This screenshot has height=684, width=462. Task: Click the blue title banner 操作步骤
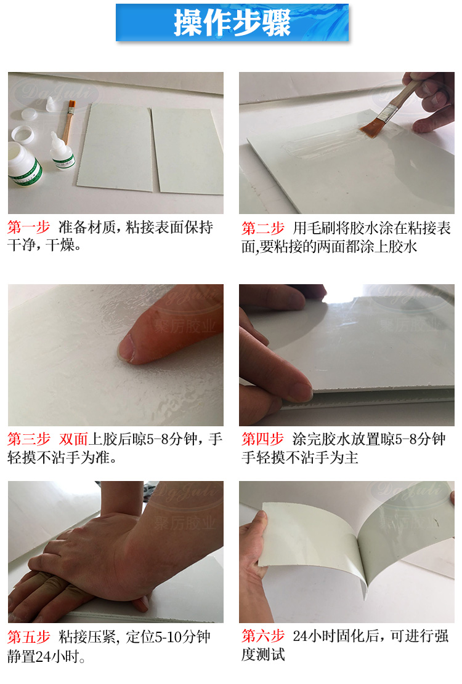click(x=232, y=23)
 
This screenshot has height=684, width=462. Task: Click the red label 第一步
click(x=28, y=228)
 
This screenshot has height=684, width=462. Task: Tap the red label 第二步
click(x=263, y=228)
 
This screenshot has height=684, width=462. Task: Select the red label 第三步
click(x=28, y=439)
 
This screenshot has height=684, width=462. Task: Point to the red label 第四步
click(x=263, y=439)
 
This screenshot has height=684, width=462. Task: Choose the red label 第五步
click(x=28, y=637)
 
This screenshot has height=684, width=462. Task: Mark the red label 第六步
click(x=263, y=636)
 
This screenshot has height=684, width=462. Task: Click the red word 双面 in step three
click(x=73, y=439)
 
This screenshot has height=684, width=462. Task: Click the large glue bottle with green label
click(x=24, y=165)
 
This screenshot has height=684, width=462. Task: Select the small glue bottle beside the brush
click(x=62, y=151)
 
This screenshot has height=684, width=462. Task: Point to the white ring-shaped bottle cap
click(x=23, y=135)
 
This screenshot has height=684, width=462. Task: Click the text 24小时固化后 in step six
click(x=336, y=636)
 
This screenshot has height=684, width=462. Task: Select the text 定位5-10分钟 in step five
click(x=168, y=637)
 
